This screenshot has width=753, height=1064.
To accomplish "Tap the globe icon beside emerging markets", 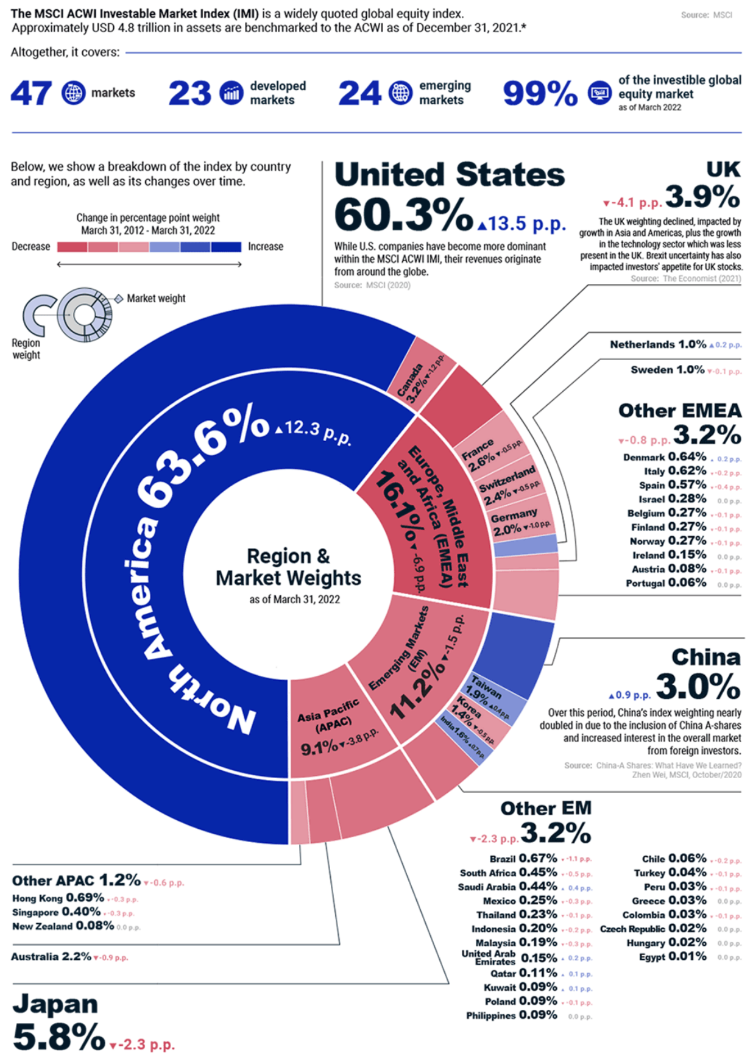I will coord(400,93).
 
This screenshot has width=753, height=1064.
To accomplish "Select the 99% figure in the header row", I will coord(540,93).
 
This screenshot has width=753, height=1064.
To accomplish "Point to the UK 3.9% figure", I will coord(702,197).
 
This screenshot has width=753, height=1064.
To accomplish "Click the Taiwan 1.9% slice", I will coord(493,695).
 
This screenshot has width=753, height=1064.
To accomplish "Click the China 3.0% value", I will coord(698,686).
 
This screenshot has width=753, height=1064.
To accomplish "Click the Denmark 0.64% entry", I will coord(664,457).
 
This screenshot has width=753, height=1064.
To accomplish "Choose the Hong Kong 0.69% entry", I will coord(58,898).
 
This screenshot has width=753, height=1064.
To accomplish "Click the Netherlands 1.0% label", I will coord(658,344).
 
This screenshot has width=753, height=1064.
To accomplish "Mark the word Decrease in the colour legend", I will coord(31,246).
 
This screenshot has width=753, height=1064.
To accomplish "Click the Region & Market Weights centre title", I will coord(288,567).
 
